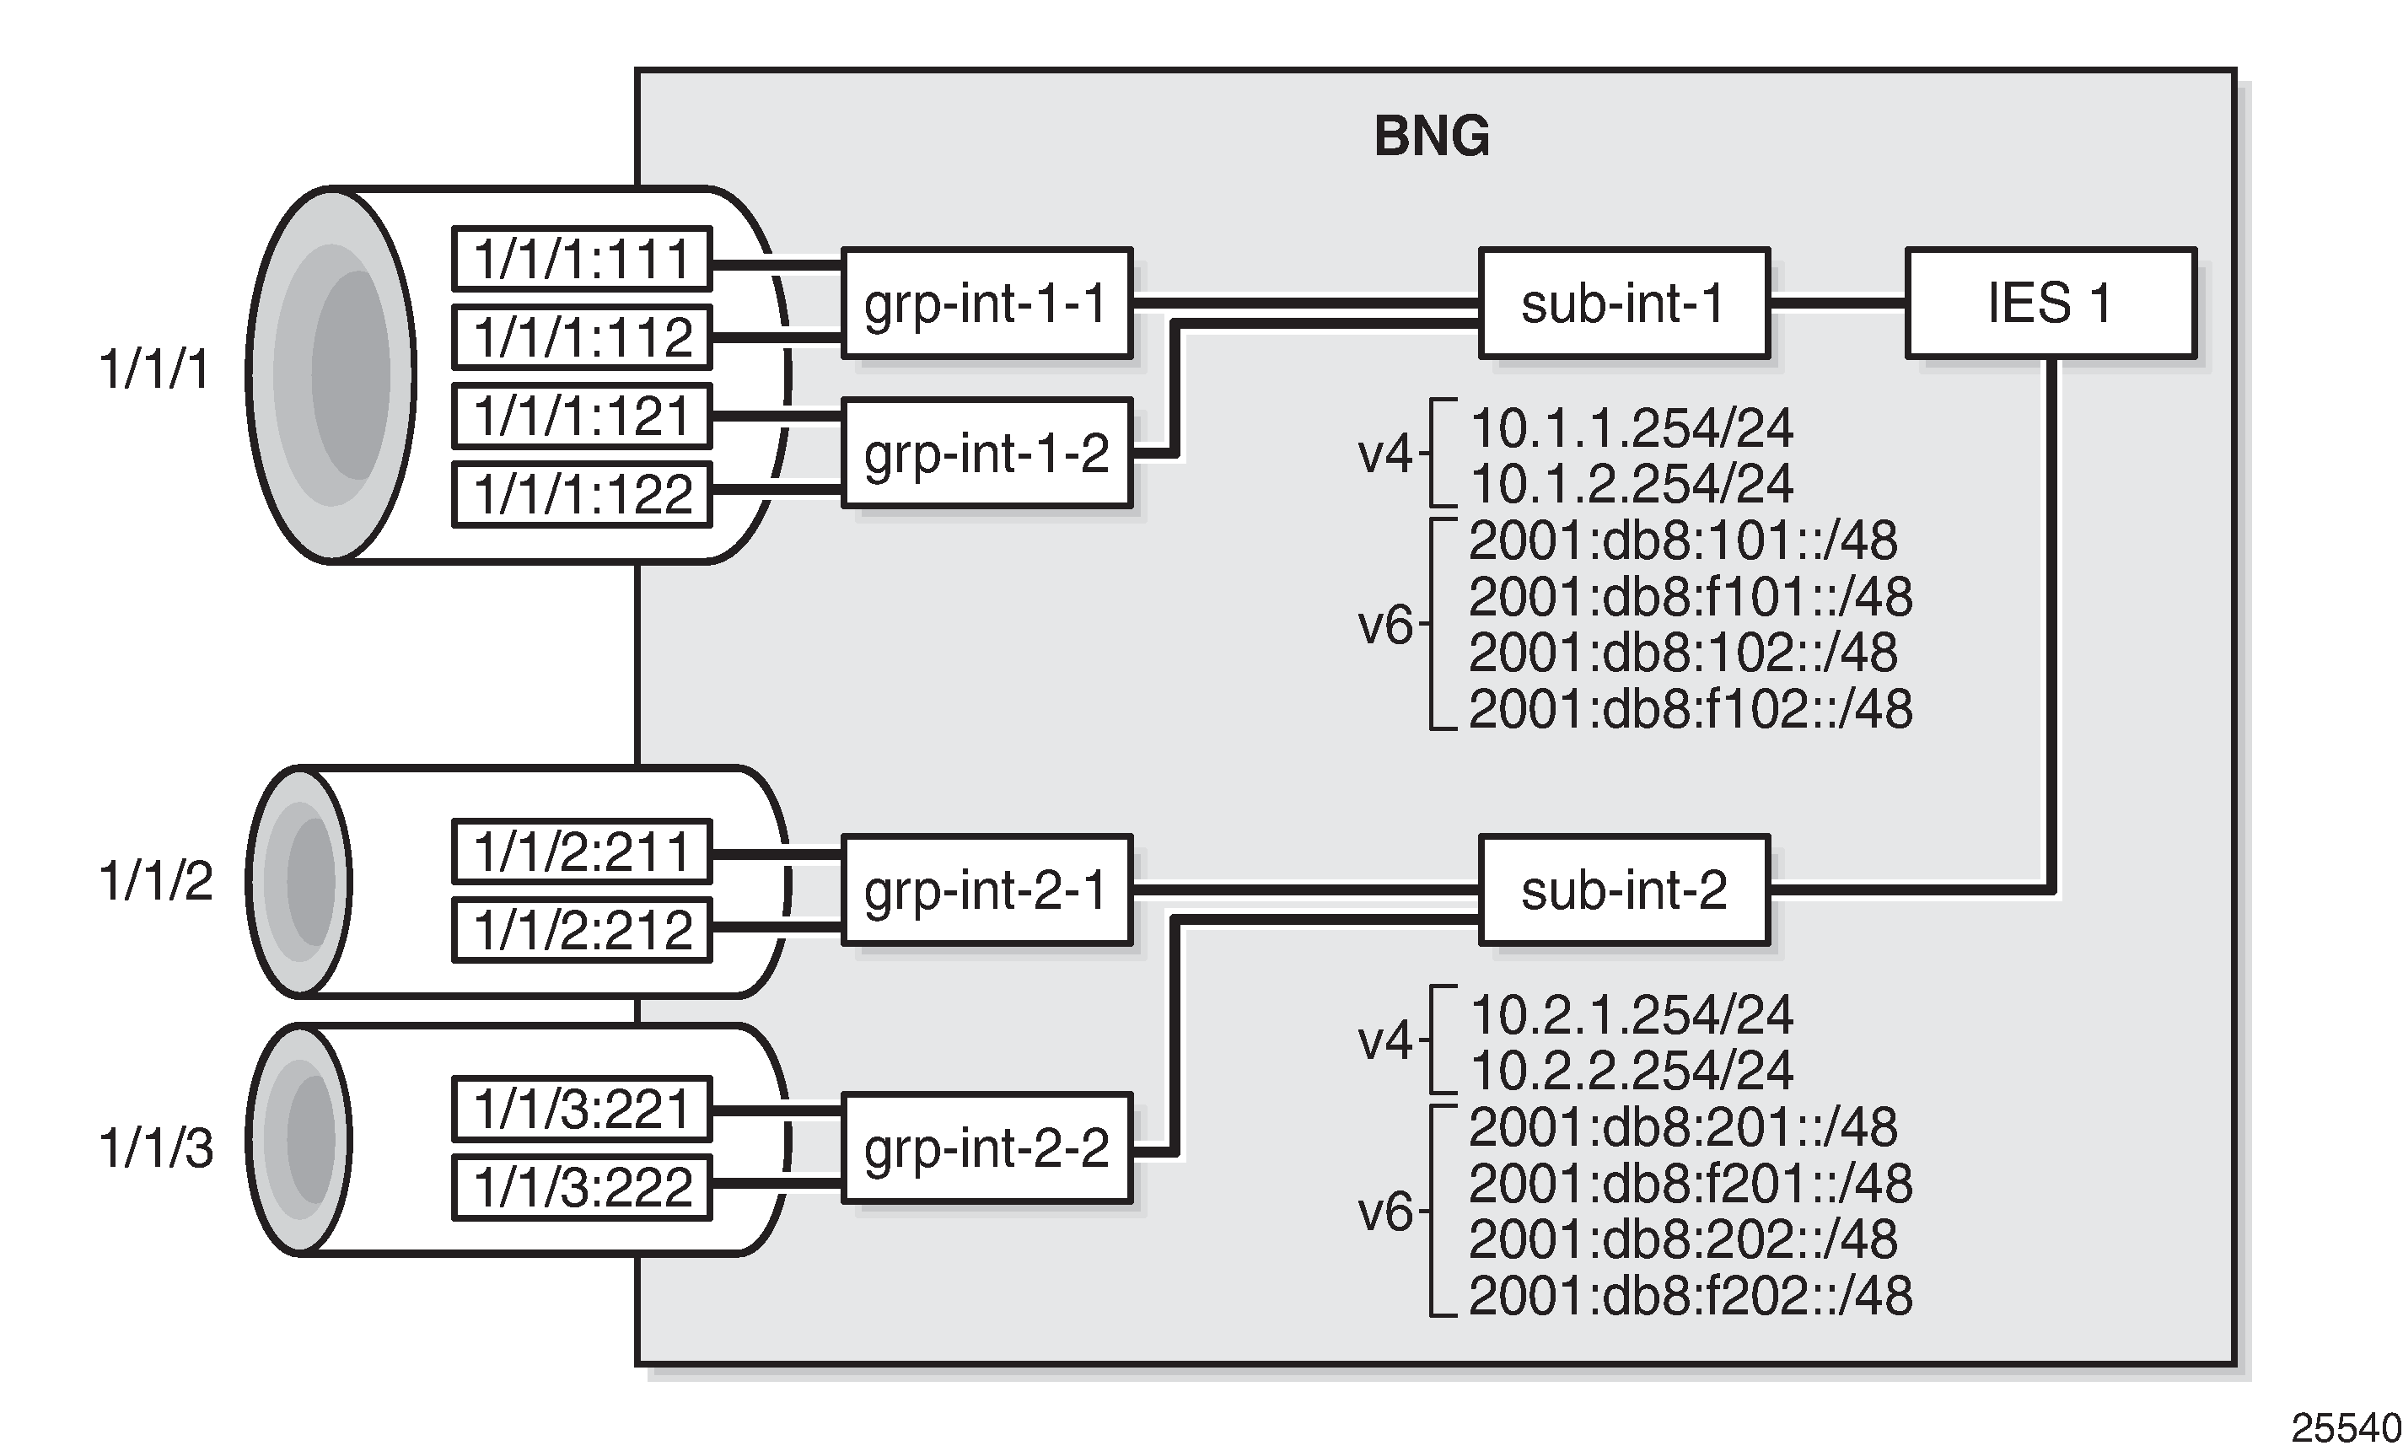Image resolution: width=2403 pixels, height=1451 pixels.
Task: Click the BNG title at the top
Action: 1431,137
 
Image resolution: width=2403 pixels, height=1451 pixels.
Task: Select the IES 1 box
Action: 2050,304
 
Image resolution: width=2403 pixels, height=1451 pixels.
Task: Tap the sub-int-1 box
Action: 1623,304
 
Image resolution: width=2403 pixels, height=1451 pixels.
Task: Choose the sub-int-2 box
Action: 1623,890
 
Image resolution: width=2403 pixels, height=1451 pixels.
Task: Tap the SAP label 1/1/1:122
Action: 583,494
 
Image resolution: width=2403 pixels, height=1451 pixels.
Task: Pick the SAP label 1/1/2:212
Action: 583,930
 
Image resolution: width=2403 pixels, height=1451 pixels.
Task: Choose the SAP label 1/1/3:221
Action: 583,1109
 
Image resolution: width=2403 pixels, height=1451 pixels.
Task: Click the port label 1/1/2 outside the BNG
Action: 156,880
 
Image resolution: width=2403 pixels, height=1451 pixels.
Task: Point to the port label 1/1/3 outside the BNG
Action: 156,1147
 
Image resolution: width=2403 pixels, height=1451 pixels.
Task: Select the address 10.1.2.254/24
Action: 1631,484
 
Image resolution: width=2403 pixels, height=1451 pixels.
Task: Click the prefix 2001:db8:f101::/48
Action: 1689,597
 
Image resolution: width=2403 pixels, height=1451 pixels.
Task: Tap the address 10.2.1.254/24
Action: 1631,1015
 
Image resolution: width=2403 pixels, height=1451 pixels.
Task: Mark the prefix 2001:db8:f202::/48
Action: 1689,1296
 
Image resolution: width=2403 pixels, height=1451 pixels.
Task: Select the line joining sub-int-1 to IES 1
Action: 1837,304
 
